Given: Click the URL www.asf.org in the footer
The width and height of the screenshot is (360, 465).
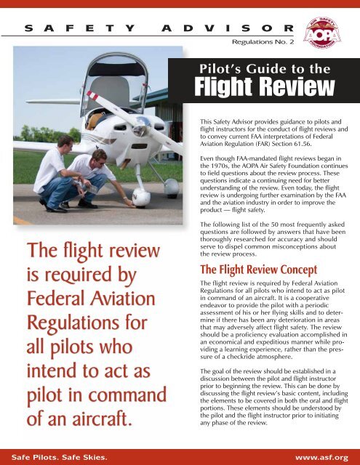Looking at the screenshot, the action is pos(327,458).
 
